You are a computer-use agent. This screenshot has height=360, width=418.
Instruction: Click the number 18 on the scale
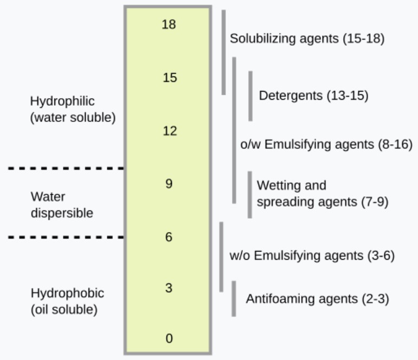tap(169, 24)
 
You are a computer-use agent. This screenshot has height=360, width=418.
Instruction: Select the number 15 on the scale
tap(170, 78)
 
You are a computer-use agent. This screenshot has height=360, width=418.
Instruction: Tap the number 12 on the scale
tap(170, 131)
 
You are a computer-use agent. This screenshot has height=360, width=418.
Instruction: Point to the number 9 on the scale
tap(169, 184)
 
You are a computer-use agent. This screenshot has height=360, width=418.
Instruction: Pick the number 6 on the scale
tap(169, 237)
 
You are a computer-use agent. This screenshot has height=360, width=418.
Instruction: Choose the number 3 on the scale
tap(169, 288)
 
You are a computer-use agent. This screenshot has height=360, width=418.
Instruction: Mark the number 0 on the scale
tap(169, 338)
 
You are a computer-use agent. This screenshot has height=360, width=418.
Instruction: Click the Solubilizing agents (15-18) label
tap(307, 38)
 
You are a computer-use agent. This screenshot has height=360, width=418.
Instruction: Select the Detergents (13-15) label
tap(313, 95)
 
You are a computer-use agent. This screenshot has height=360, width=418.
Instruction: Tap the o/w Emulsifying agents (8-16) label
tap(326, 145)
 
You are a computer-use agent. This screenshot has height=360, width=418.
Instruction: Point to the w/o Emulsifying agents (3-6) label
tap(312, 256)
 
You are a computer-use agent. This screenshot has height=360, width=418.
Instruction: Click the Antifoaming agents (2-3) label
tap(317, 299)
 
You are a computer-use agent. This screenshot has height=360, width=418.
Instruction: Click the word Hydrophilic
tap(62, 101)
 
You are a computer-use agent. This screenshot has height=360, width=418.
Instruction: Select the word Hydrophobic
tap(67, 293)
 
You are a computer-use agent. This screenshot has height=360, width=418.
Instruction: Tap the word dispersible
tap(62, 213)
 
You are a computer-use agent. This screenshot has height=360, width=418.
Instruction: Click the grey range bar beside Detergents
tap(250, 96)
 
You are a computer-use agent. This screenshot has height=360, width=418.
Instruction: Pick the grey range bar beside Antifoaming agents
tap(234, 299)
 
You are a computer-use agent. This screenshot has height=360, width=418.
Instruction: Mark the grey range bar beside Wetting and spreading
tap(250, 195)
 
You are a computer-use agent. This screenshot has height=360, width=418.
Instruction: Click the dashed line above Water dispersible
tap(66, 168)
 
